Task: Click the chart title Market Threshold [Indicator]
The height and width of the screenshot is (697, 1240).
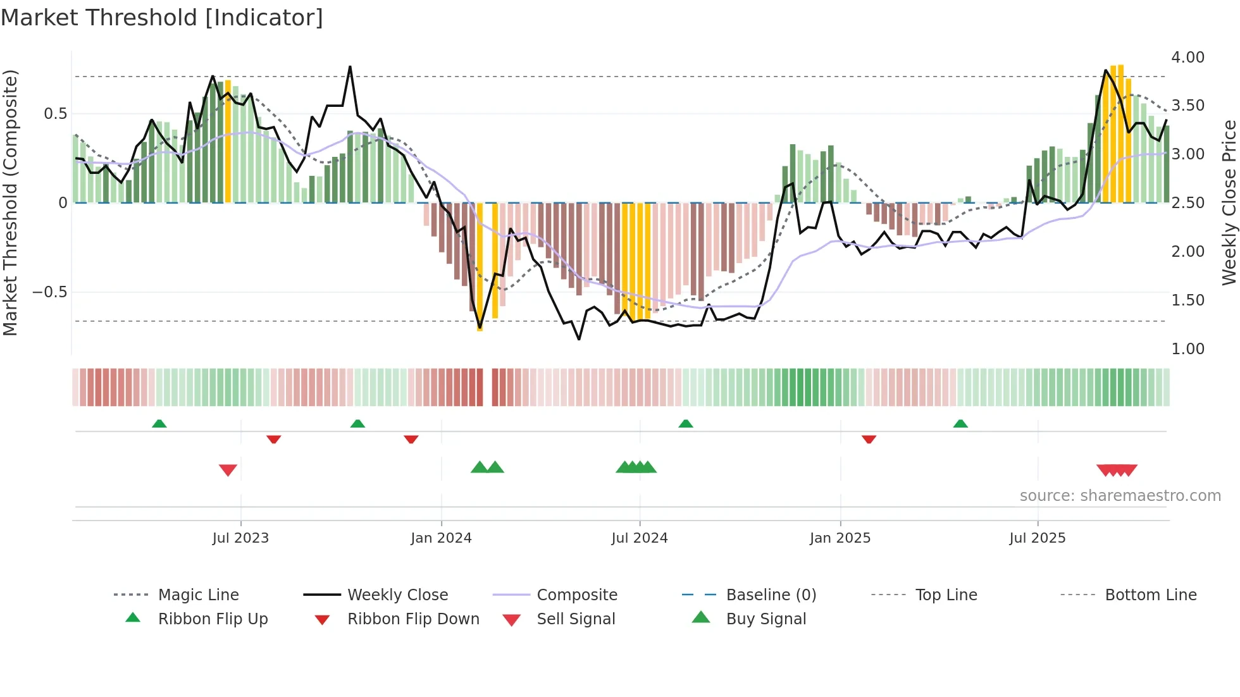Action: pyautogui.click(x=162, y=18)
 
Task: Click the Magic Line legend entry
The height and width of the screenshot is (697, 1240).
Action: pyautogui.click(x=198, y=595)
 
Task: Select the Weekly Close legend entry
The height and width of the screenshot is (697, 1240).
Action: pyautogui.click(x=397, y=595)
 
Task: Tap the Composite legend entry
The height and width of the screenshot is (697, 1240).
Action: pyautogui.click(x=576, y=595)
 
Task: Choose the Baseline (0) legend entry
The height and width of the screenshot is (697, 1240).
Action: pyautogui.click(x=771, y=595)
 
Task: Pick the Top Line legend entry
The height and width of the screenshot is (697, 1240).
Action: pyautogui.click(x=946, y=595)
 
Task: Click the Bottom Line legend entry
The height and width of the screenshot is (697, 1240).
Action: pyautogui.click(x=1150, y=595)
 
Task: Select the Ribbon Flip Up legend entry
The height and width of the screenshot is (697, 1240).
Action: pyautogui.click(x=213, y=619)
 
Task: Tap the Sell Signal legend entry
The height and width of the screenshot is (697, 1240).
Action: pyautogui.click(x=575, y=619)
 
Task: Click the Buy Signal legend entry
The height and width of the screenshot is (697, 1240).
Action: pyautogui.click(x=766, y=619)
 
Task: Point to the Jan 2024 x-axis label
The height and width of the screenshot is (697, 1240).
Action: pyautogui.click(x=441, y=538)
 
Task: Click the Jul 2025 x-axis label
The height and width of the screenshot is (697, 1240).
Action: pyautogui.click(x=1037, y=538)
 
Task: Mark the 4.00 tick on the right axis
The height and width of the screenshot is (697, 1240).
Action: pyautogui.click(x=1187, y=58)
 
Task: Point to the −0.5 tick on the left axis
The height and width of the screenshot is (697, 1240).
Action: pyautogui.click(x=49, y=292)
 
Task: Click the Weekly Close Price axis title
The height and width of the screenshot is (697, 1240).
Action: pyautogui.click(x=1229, y=202)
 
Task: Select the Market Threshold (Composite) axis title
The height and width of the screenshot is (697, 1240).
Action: pyautogui.click(x=10, y=202)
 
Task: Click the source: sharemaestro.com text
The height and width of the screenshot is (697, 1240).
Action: pyautogui.click(x=1120, y=496)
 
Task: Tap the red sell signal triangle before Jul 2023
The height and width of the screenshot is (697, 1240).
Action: pyautogui.click(x=228, y=469)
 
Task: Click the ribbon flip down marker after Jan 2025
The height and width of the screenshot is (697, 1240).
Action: pyautogui.click(x=869, y=438)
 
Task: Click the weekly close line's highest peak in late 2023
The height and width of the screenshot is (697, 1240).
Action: pyautogui.click(x=350, y=67)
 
